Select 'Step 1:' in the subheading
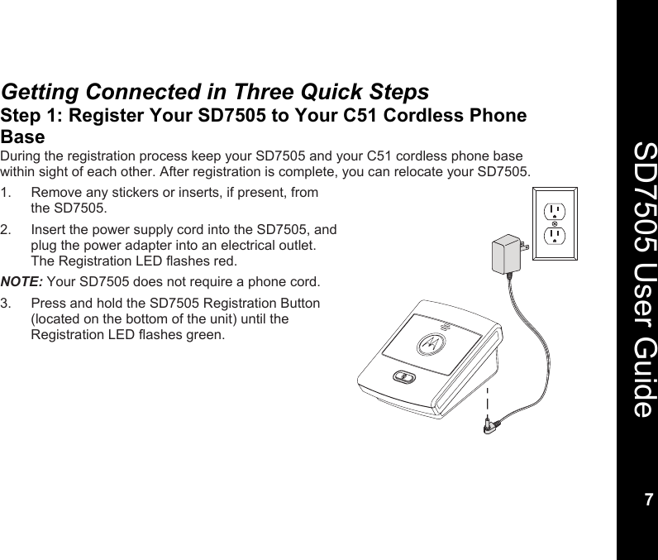32,116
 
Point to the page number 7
648,500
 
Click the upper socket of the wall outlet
555,210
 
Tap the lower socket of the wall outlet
555,238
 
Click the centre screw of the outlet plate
555,224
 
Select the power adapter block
505,254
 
